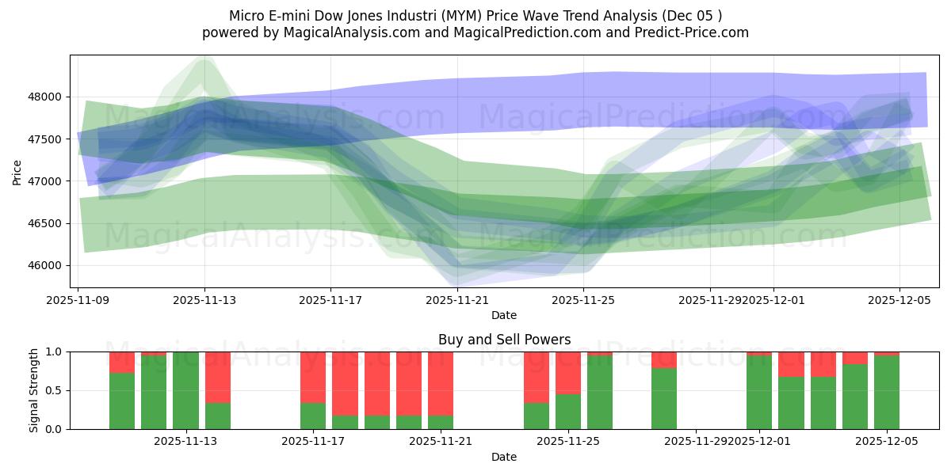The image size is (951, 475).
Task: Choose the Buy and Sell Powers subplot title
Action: pos(504,340)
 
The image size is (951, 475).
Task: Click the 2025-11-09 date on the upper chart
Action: pos(78,300)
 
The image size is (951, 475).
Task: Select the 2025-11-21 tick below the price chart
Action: pos(458,300)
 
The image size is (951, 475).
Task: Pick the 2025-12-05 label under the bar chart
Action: pos(887,441)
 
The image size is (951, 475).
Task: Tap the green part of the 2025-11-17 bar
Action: pos(313,416)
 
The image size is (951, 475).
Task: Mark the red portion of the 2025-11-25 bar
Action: pos(568,372)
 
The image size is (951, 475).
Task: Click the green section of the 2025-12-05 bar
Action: pos(887,392)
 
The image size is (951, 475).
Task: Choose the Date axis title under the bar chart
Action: pos(504,457)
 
